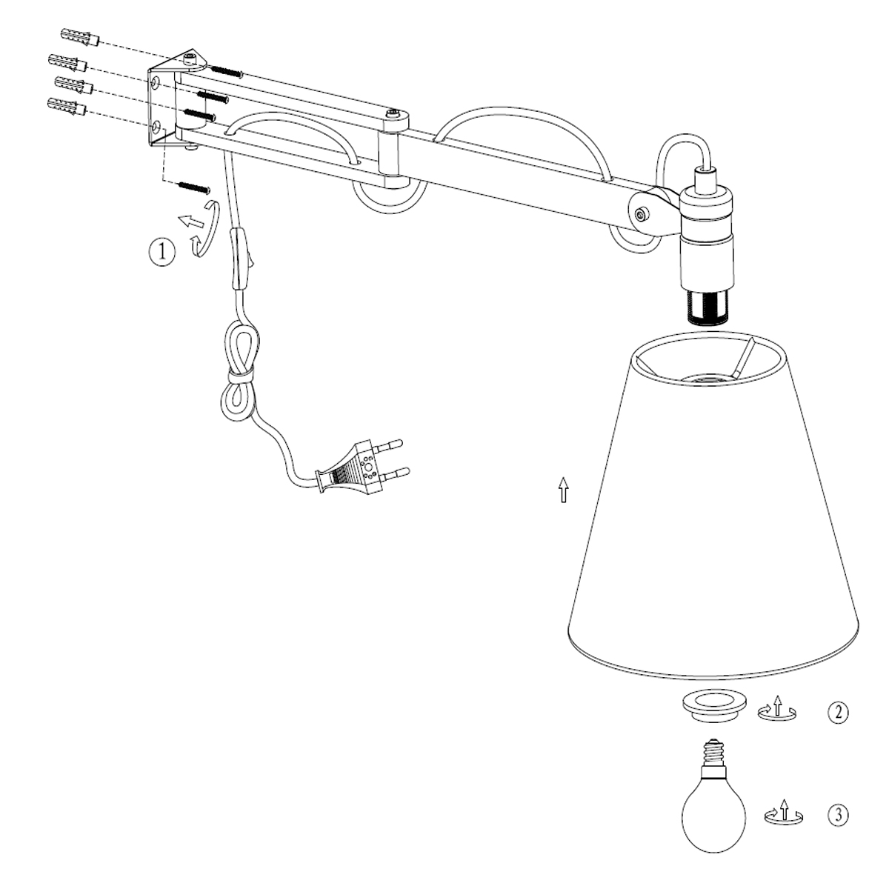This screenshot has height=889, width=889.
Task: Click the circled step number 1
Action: [x=162, y=252]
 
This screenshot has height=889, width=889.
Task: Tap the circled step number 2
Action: [x=837, y=713]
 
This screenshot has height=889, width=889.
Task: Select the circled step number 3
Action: [x=837, y=816]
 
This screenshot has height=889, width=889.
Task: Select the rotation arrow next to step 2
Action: [x=777, y=710]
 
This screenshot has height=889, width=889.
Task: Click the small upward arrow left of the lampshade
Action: [x=564, y=490]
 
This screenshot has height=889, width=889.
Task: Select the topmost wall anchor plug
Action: [x=78, y=37]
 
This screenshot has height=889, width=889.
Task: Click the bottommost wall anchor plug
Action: [x=66, y=107]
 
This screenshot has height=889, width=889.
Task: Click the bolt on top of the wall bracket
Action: [x=191, y=57]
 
